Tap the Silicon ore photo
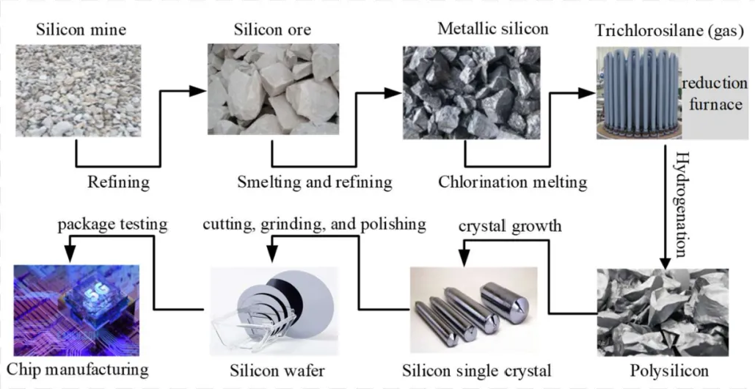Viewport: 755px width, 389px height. pyautogui.click(x=272, y=89)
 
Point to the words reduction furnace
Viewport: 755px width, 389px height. pyautogui.click(x=714, y=94)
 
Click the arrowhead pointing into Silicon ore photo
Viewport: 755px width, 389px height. pyautogui.click(x=197, y=91)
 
